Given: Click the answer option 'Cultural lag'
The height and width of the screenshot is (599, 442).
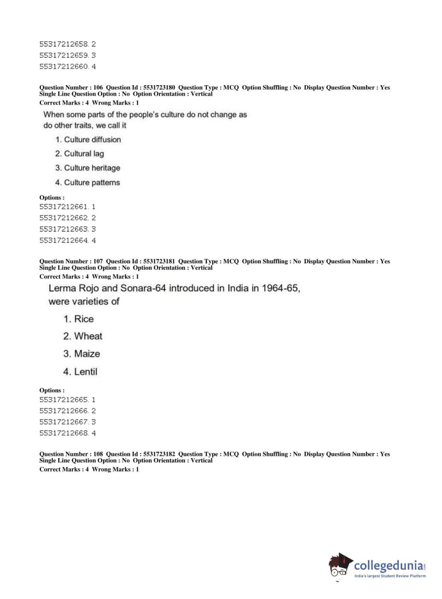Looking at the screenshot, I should coord(84,154).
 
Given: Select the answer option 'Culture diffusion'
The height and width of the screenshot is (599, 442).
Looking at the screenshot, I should coord(92,140).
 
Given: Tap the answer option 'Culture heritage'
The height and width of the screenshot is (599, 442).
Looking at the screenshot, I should coord(92,168).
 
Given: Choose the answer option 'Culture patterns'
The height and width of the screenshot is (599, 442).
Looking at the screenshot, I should coord(92,182).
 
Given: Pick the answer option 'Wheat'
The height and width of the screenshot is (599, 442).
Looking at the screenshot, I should coord(88,336).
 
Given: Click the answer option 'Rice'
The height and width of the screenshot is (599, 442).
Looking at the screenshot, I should coord(83,319).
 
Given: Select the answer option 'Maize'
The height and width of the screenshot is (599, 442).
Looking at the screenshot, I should coord(87,354).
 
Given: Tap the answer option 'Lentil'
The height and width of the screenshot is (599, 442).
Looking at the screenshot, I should coord(85,372).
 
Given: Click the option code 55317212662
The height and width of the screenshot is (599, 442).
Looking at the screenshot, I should coord(64,218).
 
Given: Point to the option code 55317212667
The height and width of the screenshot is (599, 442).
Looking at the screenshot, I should coord(64,422).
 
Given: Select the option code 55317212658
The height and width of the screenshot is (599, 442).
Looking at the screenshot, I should coord(64,44).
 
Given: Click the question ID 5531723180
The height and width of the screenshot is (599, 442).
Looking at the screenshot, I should coord(159,87).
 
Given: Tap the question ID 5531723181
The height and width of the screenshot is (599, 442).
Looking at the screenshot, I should coord(159,262).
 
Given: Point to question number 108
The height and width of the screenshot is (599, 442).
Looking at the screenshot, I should coord(98,454).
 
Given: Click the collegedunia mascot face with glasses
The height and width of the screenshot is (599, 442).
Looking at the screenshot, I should coord(339,567).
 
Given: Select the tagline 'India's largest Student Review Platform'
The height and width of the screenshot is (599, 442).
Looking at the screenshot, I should coord(390,576).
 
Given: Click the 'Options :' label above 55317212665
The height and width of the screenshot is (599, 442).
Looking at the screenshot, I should coord(52,390).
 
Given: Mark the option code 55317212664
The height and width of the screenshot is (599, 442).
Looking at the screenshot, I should coord(64,240).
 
